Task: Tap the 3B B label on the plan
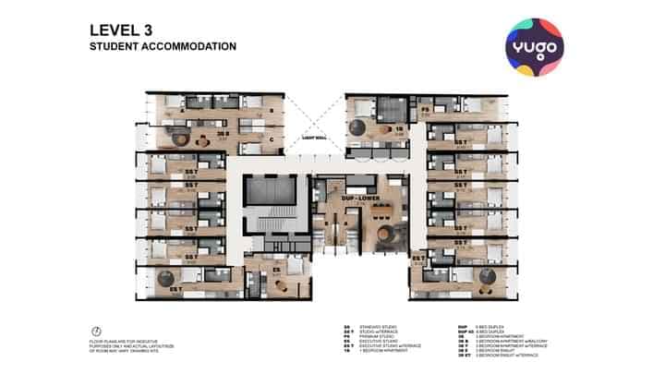click(x=223, y=132)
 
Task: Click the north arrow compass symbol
click(x=95, y=331)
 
